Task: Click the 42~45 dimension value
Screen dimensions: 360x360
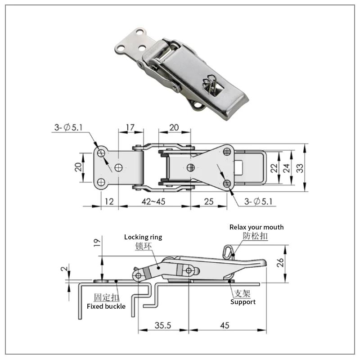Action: (x=153, y=202)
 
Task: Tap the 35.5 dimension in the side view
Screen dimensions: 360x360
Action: (x=163, y=325)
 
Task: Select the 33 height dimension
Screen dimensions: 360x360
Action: (x=300, y=168)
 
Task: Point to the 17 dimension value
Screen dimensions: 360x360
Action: (x=130, y=127)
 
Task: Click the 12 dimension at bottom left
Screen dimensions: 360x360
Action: (x=109, y=202)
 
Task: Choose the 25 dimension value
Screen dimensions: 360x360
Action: (x=209, y=202)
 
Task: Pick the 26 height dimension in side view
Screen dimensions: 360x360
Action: (x=280, y=262)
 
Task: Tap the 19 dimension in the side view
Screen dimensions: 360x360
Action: (x=97, y=243)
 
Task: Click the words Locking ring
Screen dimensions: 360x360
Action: (x=143, y=237)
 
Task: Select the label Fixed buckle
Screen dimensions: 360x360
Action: (x=106, y=306)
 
